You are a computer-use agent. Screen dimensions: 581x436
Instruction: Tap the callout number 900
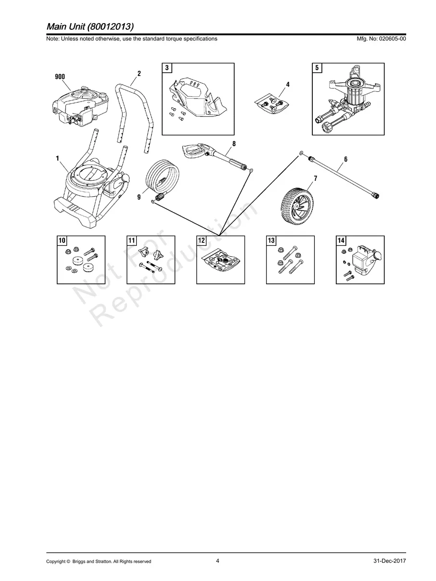60,76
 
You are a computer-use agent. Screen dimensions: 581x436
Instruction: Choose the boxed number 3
167,68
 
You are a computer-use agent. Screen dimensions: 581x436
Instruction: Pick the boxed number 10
62,240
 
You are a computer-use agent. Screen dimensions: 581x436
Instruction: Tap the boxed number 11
132,240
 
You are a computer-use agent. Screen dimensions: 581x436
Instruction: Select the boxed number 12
202,240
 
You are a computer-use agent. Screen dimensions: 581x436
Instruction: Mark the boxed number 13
271,240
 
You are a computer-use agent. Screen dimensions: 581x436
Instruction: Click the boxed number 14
341,240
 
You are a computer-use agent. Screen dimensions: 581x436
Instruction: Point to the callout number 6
346,159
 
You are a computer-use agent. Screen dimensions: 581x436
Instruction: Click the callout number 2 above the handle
139,74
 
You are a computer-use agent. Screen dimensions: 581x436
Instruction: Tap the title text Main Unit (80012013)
90,26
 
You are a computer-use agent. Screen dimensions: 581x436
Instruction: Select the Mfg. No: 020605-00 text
380,39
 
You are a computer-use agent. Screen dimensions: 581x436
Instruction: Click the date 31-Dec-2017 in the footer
389,561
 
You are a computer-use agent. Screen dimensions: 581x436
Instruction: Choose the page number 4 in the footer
218,561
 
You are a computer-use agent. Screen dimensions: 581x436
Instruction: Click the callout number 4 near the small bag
288,84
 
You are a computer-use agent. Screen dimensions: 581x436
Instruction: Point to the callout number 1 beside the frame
57,158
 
